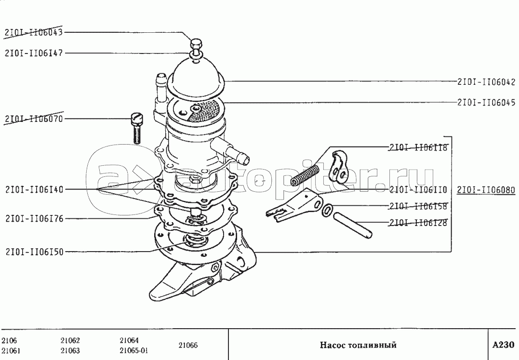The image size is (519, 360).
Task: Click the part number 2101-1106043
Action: pos(33,32)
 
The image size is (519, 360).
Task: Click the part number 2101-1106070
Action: pos(33,119)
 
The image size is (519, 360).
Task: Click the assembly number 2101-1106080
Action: pos(486,189)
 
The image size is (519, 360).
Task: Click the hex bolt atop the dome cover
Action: pos(196,46)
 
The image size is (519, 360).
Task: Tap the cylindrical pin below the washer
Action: pos(356,225)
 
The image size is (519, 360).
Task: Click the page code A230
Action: pos(503,345)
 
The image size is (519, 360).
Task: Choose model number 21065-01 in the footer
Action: pos(133,350)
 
